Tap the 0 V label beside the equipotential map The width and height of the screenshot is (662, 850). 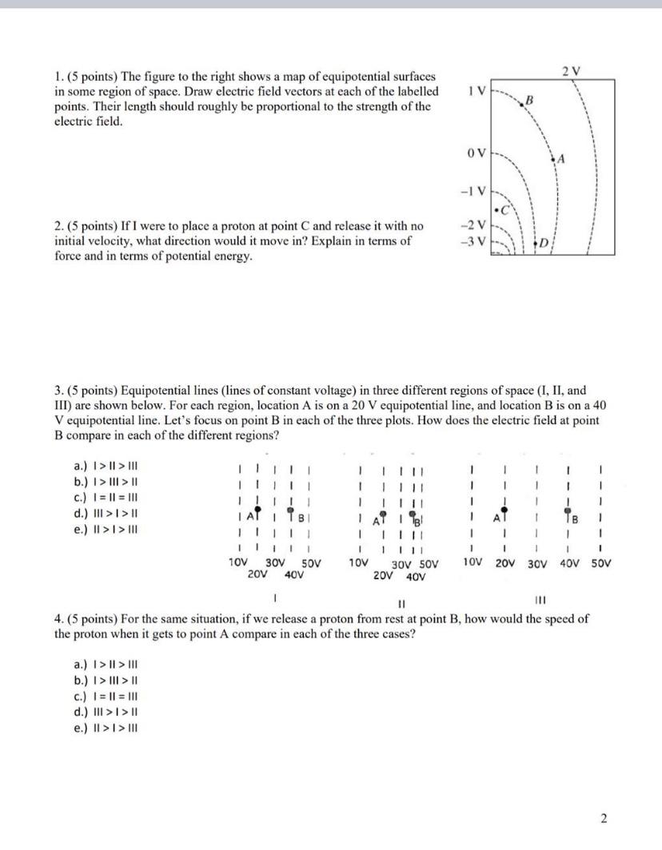pyautogui.click(x=474, y=152)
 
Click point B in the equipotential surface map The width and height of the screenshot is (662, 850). pyautogui.click(x=528, y=100)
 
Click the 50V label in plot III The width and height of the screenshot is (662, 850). pyautogui.click(x=600, y=563)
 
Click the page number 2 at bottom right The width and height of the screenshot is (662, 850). pyautogui.click(x=604, y=817)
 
